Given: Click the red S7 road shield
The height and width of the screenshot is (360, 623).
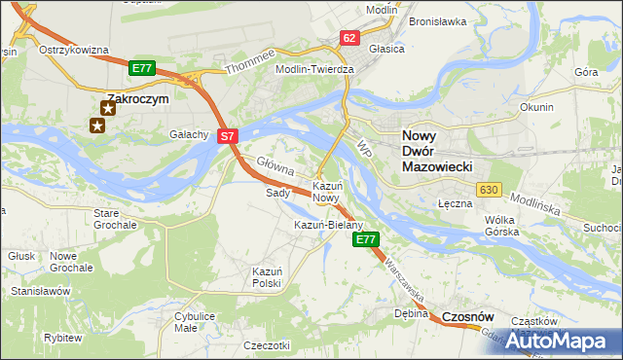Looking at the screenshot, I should tap(226, 137).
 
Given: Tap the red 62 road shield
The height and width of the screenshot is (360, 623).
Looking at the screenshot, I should tap(349, 38).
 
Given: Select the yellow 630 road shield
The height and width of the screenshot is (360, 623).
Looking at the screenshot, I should tap(489, 189).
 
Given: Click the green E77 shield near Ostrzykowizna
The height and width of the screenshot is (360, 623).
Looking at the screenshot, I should tap(142, 68).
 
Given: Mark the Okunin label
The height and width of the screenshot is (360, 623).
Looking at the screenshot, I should tap(536, 107).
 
